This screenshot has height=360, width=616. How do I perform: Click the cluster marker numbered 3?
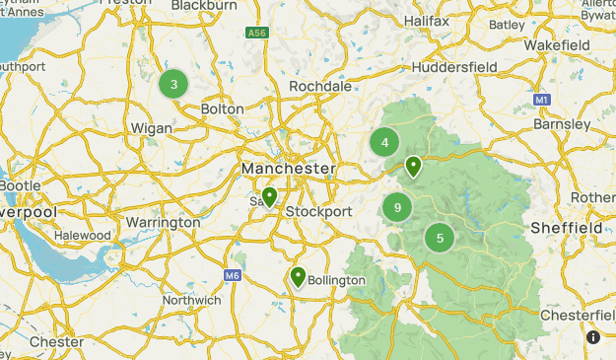(x=174, y=84)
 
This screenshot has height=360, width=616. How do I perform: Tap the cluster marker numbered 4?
(x=384, y=142)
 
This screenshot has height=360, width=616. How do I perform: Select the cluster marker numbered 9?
(x=397, y=207)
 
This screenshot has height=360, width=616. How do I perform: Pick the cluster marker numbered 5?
(x=440, y=237)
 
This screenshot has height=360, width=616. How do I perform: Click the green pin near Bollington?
(x=298, y=277)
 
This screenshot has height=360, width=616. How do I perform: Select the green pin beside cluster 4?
(x=414, y=166)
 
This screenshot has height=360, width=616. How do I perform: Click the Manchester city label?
(x=289, y=170)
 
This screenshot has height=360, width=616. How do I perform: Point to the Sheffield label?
(x=567, y=228)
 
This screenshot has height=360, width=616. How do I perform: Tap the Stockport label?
(x=318, y=212)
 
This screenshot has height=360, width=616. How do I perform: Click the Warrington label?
(x=163, y=223)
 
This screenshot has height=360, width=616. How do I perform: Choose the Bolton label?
(x=222, y=108)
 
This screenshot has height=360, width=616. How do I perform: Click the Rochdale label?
(x=320, y=87)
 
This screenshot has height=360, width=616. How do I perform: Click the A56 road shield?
(x=257, y=33)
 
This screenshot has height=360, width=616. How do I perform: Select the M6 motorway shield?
(x=233, y=275)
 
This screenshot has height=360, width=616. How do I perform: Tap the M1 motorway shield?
(x=541, y=100)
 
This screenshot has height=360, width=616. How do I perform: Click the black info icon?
(x=593, y=337)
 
